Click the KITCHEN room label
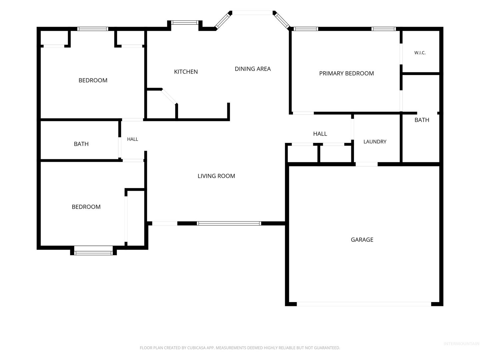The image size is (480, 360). [x=186, y=72]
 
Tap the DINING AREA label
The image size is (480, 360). [x=253, y=69]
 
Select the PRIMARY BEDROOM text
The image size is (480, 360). [x=346, y=73]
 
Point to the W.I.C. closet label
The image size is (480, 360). [x=420, y=53]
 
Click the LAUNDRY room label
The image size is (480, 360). [x=375, y=142]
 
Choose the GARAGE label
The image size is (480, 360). [x=362, y=240]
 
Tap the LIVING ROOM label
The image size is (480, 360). [x=216, y=176]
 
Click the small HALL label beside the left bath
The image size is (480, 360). [x=133, y=139]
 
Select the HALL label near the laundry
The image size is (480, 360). [x=320, y=134]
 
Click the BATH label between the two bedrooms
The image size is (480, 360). [x=81, y=144]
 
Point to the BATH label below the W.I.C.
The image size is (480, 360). [x=422, y=120]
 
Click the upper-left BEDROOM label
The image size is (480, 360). [x=93, y=80]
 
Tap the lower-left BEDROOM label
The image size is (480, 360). [x=86, y=207]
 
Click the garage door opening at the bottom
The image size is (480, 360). [x=364, y=304]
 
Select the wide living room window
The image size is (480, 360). [x=229, y=223]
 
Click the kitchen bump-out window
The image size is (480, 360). [x=185, y=23]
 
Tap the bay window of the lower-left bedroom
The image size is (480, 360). [x=93, y=253]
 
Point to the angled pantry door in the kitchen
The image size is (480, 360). [x=169, y=96]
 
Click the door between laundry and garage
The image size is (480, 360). [x=367, y=164]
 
